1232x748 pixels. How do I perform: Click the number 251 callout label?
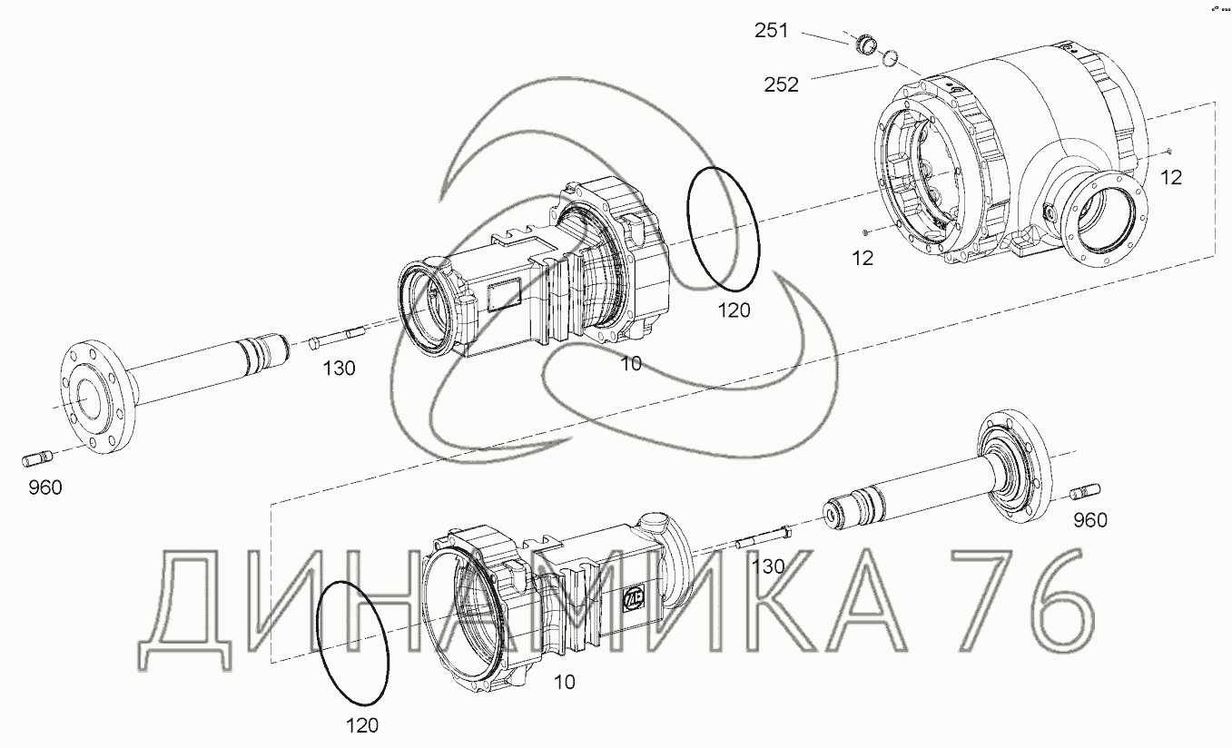(x=771, y=31)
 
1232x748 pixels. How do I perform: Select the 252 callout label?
(x=781, y=84)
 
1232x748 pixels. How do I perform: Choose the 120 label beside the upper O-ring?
(x=734, y=310)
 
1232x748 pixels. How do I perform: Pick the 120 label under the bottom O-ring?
(x=362, y=725)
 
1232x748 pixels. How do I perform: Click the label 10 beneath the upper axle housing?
(x=630, y=363)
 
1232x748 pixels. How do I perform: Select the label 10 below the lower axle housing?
(x=565, y=682)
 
